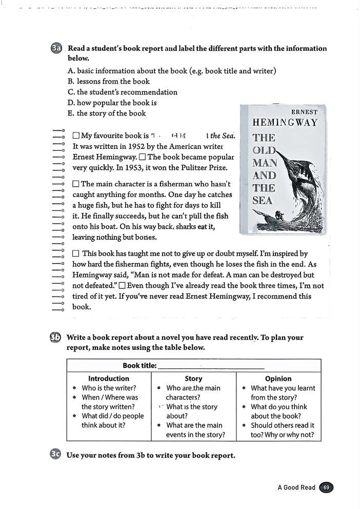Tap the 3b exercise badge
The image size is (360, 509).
click(55, 338)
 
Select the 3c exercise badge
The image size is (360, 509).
click(56, 454)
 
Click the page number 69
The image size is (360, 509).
click(326, 487)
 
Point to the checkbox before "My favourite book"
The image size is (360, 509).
click(76, 136)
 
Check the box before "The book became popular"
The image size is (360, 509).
click(143, 157)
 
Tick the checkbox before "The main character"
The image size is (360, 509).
click(76, 184)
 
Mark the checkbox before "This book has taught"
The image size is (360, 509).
click(76, 253)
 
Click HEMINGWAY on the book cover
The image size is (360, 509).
click(285, 123)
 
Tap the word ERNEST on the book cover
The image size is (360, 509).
click(304, 112)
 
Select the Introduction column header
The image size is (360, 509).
click(109, 379)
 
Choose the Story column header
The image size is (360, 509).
click(193, 379)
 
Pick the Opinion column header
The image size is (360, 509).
click(278, 379)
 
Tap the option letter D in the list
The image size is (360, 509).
click(71, 103)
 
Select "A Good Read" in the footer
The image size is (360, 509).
click(296, 487)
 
